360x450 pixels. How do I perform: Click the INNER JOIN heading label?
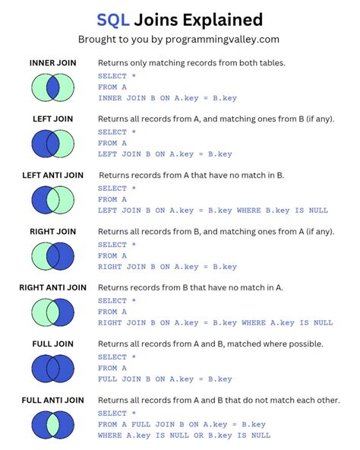pos(52,62)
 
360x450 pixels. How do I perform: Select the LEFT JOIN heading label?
pos(52,119)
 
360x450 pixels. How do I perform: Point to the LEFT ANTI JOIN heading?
pos(52,175)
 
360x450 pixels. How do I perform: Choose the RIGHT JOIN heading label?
pos(52,231)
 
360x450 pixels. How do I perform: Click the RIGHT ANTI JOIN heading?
pos(52,287)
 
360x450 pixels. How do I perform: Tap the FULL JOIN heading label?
pos(52,344)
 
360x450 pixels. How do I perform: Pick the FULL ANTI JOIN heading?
pos(52,400)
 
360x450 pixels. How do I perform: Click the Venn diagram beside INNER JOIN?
pos(52,87)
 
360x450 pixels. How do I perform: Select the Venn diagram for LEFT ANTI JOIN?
pos(52,200)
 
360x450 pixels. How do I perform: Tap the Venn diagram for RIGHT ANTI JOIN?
pos(52,312)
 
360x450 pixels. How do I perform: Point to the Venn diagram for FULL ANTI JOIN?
pos(52,425)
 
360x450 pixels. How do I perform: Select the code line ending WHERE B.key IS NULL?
pos(212,210)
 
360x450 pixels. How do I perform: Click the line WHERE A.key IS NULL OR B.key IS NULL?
pos(184,436)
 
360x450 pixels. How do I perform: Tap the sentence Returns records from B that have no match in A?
pos(191,287)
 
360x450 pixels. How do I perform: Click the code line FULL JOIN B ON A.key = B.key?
pos(165,379)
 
